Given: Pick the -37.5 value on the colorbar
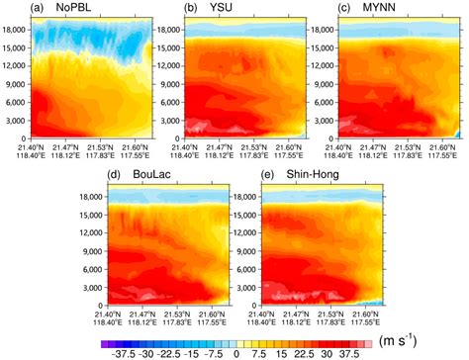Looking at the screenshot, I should [x=118, y=351].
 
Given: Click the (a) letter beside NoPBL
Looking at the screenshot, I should [x=13, y=10].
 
